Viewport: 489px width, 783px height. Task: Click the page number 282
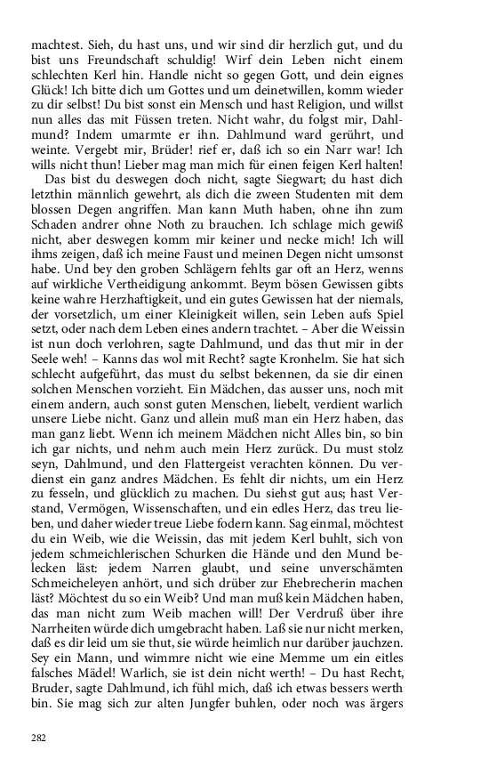38,737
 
